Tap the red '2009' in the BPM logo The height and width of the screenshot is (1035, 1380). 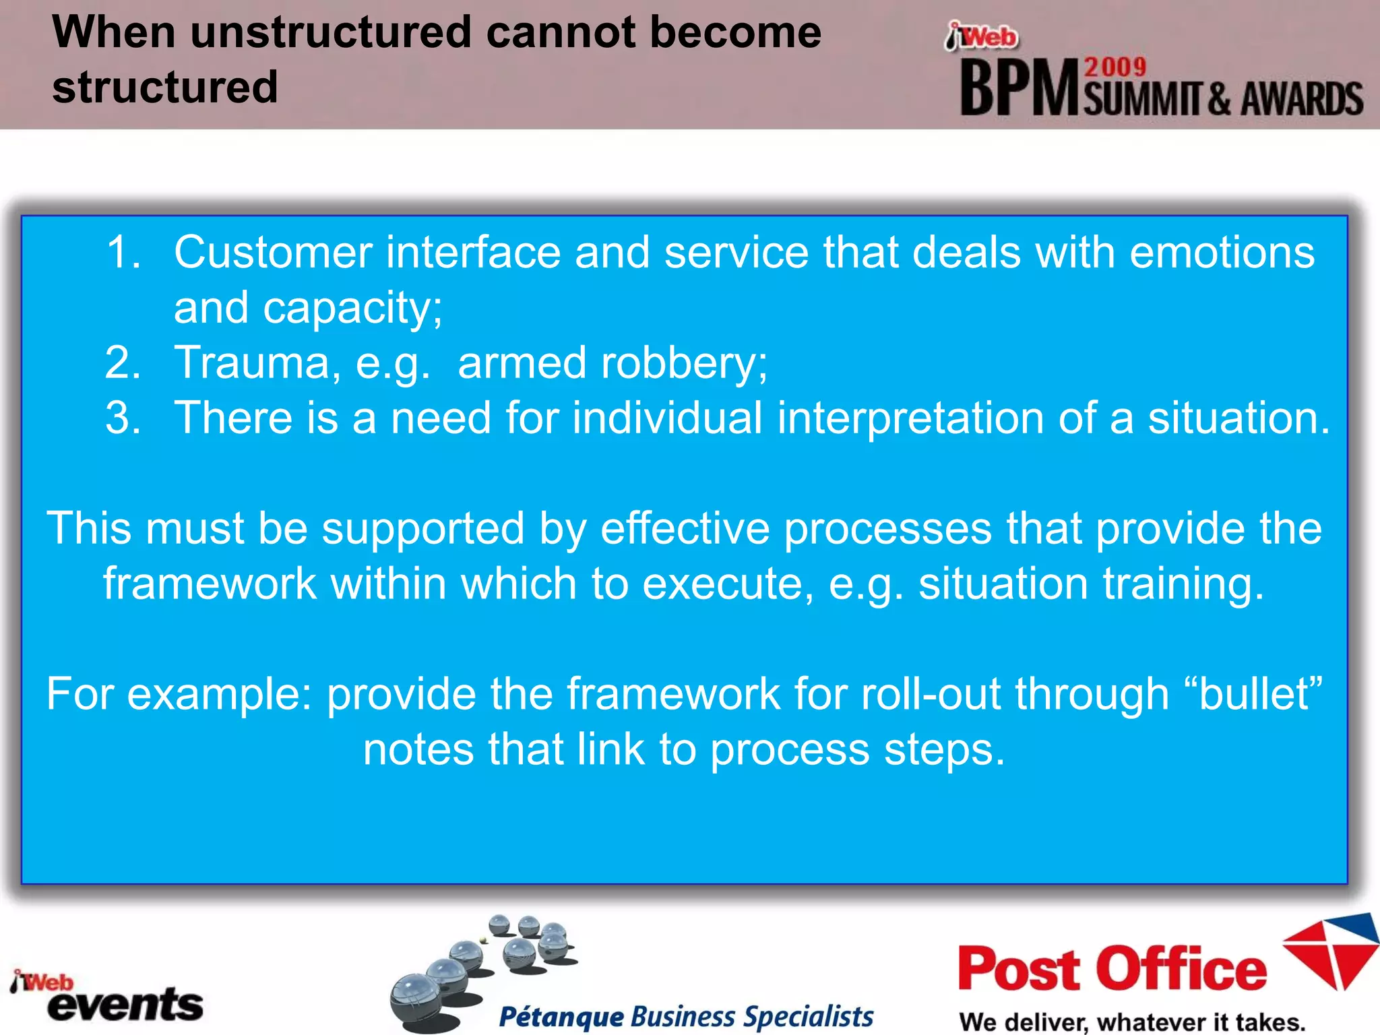(x=1115, y=67)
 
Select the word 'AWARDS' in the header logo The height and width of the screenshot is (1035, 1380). (x=1302, y=100)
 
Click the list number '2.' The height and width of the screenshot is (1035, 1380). (x=123, y=363)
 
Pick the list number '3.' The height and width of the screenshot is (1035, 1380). (x=123, y=418)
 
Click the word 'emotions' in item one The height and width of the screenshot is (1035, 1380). (x=1222, y=253)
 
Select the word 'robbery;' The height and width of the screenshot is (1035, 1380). (x=684, y=363)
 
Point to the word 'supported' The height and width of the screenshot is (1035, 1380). (x=422, y=529)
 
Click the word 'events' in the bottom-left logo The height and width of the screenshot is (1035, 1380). (x=126, y=1005)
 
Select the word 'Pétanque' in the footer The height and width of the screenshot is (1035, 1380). (x=561, y=1016)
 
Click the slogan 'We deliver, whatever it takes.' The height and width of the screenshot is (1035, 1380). (x=1132, y=1022)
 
